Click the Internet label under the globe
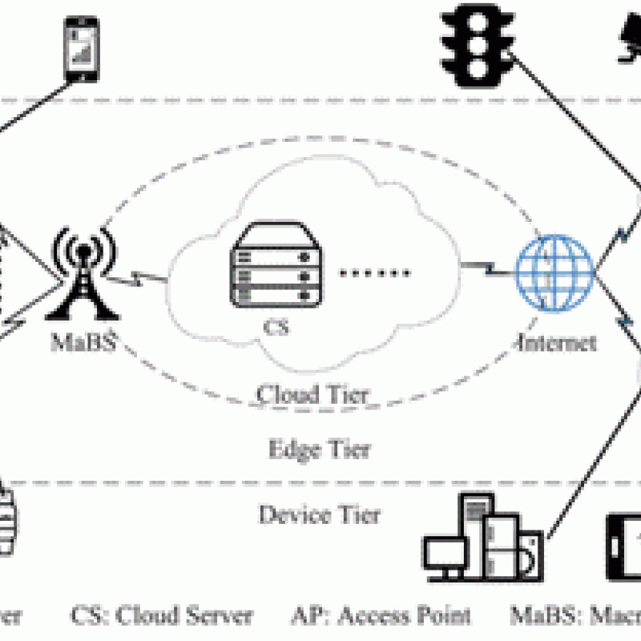(x=558, y=343)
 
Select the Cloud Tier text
(x=312, y=394)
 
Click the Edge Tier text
(x=319, y=449)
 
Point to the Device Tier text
(x=319, y=514)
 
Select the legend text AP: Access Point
(x=380, y=615)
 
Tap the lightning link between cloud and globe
(x=485, y=265)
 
